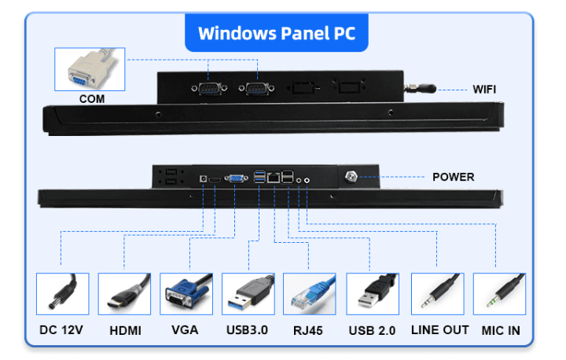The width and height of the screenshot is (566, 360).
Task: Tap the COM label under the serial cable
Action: click(x=92, y=99)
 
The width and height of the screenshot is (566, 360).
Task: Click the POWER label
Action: click(x=453, y=177)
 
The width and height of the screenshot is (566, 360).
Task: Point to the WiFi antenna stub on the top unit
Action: click(x=413, y=89)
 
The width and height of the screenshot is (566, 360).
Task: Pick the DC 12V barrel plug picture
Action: click(x=62, y=294)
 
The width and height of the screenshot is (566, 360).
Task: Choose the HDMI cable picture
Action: click(x=123, y=294)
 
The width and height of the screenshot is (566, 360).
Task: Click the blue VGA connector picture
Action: click(x=186, y=294)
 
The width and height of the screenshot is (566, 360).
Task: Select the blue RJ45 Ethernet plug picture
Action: click(x=309, y=294)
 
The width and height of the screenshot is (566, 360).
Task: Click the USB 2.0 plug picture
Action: click(x=372, y=294)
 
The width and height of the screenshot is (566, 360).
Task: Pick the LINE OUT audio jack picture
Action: click(x=437, y=294)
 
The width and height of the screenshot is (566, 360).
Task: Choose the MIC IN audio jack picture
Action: click(x=499, y=294)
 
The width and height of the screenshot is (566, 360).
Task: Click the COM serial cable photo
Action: click(x=90, y=69)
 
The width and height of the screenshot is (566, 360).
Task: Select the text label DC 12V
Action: click(x=61, y=330)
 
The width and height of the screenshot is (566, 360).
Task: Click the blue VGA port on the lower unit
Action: click(x=234, y=180)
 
